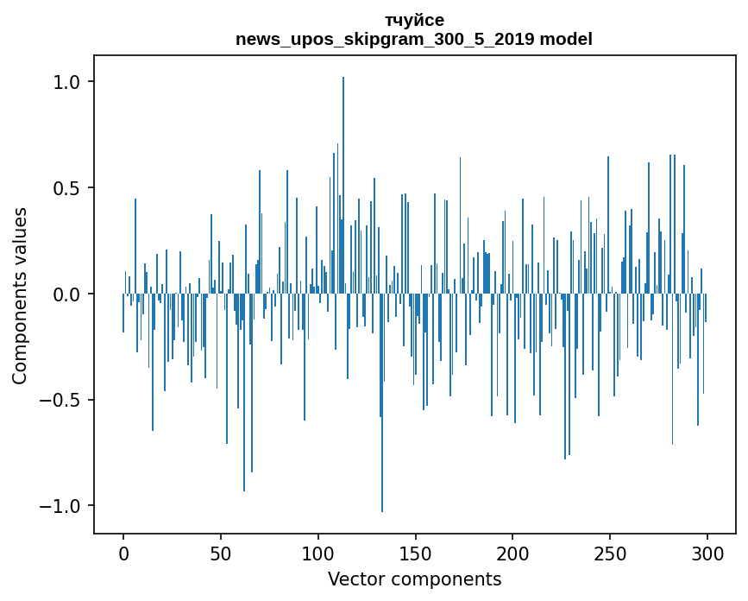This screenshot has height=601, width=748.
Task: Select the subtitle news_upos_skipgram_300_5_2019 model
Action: [x=414, y=39]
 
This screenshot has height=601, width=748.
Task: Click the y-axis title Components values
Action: [x=20, y=295]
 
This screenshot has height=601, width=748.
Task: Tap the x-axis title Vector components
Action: [x=414, y=579]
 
